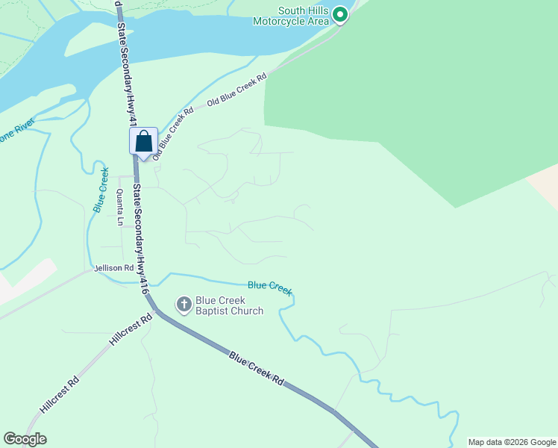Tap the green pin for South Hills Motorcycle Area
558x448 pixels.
point(340,14)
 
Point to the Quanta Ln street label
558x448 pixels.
point(119,208)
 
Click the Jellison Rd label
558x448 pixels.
point(113,267)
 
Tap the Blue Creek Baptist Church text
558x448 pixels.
point(229,305)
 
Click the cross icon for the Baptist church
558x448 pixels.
point(184,304)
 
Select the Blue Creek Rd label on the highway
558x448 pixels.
point(257,368)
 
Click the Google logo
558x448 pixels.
point(25,439)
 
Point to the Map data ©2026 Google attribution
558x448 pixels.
point(512,442)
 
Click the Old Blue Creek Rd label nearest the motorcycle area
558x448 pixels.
point(236,90)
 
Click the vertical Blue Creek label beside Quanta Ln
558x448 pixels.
point(101,190)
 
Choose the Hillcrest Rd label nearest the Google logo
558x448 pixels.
point(60,396)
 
